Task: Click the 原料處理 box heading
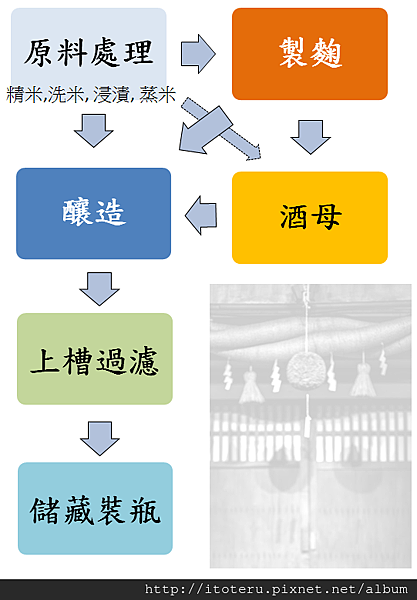click(x=88, y=52)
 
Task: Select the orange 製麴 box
click(x=310, y=54)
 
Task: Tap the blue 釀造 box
click(x=93, y=214)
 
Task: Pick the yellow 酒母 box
click(x=310, y=218)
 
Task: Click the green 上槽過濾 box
click(x=95, y=359)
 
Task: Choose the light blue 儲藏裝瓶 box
click(x=95, y=509)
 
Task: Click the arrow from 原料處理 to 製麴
click(x=198, y=54)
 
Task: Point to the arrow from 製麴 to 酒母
click(x=310, y=137)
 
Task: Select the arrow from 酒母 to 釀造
click(x=201, y=215)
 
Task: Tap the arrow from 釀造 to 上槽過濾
click(x=99, y=289)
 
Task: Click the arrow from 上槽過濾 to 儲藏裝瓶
click(x=100, y=439)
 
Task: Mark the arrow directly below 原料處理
click(x=94, y=130)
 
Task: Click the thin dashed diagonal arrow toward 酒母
click(x=221, y=129)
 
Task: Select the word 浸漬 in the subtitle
click(x=111, y=95)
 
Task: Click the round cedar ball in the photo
click(x=306, y=370)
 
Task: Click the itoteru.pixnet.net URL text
click(x=276, y=589)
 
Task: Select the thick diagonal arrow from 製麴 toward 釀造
click(x=205, y=130)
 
